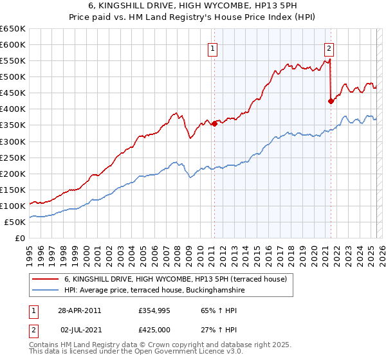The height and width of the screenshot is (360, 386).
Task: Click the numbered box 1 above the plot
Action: (212, 48)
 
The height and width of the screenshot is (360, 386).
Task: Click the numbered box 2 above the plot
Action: (329, 48)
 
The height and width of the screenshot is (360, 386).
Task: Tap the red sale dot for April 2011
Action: (214, 124)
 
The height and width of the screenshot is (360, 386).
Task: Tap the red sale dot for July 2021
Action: (331, 101)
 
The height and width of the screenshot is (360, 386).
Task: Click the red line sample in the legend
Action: (46, 279)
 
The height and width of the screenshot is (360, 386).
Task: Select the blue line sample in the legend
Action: (46, 291)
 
